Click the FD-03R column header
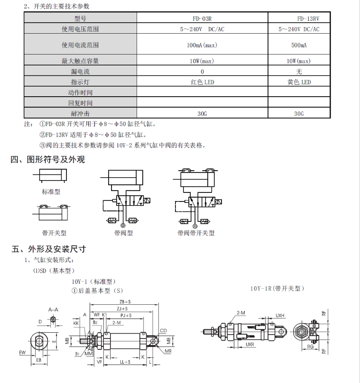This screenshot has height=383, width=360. click(202, 18)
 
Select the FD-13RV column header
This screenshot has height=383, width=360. click(308, 18)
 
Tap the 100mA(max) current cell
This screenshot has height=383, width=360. click(202, 45)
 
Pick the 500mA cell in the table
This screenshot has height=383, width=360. click(299, 45)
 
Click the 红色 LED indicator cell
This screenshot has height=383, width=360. click(203, 82)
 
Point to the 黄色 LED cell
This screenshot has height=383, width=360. click(299, 82)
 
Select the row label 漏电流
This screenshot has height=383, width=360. click(80, 72)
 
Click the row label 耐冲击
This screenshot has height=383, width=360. click(80, 114)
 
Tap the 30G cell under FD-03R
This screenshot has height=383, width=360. click(202, 114)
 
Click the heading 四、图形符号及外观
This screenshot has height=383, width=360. click(47, 159)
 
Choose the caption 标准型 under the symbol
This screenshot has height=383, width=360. click(51, 192)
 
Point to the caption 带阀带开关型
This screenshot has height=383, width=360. click(196, 233)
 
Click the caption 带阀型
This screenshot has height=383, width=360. click(124, 233)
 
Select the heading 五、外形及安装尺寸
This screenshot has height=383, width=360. click(49, 249)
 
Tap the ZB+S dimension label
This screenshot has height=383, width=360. click(125, 302)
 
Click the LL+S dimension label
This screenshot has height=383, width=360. click(125, 362)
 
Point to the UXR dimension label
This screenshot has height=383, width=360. click(250, 345)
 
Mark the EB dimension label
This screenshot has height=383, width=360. click(38, 360)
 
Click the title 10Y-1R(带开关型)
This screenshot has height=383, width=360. click(277, 289)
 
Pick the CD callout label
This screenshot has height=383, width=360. click(163, 331)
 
